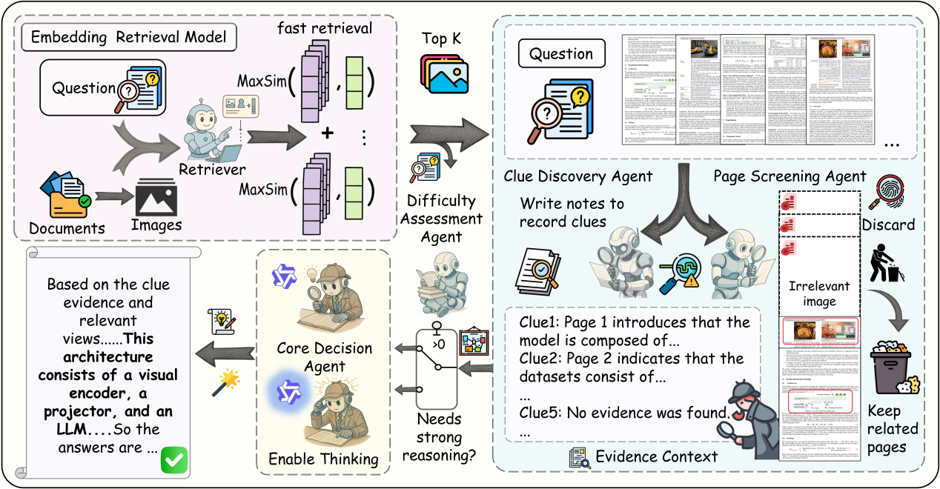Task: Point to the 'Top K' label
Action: tap(443, 39)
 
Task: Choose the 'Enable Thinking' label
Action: tap(322, 459)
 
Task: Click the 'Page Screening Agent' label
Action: tap(790, 176)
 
